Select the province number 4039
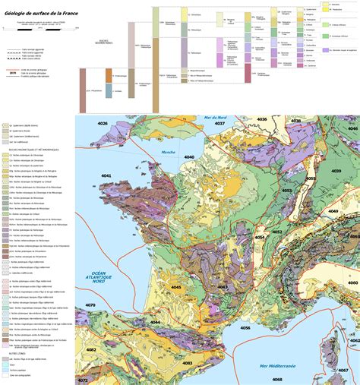coord(333,172)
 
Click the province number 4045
coord(176,287)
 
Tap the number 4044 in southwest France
coord(155,322)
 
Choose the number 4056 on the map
coord(245,328)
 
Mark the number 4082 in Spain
coord(91,349)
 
